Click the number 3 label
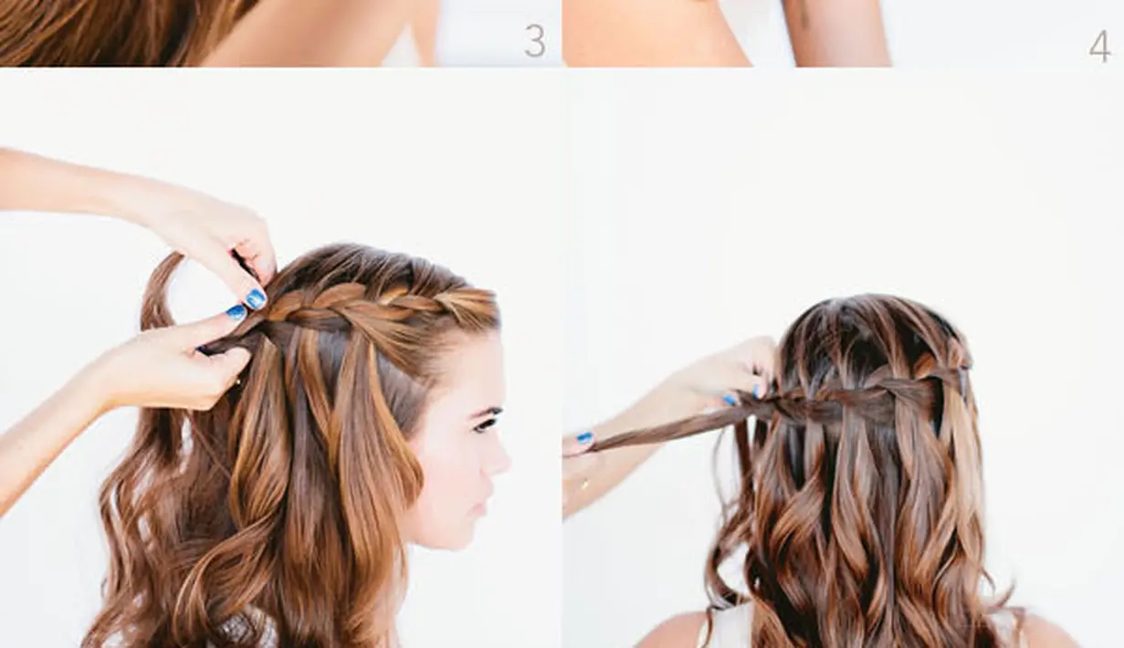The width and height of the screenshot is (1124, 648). (x=535, y=41)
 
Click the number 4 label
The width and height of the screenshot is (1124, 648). (x=1099, y=47)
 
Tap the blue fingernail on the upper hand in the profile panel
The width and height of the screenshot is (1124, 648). (x=256, y=299)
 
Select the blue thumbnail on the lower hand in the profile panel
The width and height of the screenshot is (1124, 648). (x=236, y=313)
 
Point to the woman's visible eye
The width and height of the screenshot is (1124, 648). (x=485, y=424)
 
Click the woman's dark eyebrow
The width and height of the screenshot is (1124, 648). (x=486, y=412)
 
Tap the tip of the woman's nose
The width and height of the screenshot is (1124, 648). (x=506, y=464)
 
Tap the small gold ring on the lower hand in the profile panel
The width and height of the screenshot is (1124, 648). (x=236, y=382)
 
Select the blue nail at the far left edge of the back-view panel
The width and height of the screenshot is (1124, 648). (x=584, y=438)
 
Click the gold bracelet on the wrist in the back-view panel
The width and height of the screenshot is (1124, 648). (x=584, y=486)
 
